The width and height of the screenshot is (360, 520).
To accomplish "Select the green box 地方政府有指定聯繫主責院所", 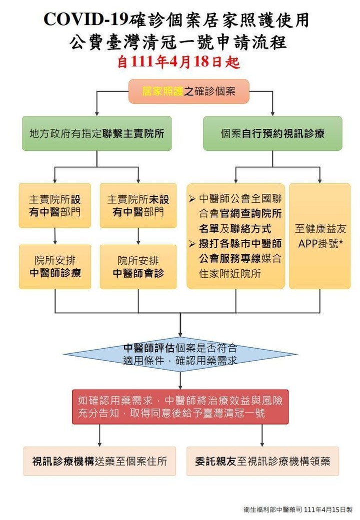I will tap(96, 133).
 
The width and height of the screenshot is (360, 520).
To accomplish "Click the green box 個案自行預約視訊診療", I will tap(272, 133).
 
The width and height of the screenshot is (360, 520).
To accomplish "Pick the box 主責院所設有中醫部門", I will tap(55, 205).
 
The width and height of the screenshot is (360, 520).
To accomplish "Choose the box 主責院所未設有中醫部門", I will tap(138, 205).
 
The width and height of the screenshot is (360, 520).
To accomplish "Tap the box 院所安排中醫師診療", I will tap(55, 267).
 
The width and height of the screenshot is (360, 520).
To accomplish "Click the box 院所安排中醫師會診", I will tap(138, 267).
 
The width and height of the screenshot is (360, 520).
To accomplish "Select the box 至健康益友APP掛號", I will tap(320, 236).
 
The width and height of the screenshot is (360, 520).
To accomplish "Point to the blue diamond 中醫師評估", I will tap(180, 354).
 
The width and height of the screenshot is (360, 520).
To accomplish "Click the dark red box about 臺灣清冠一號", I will tap(180, 407).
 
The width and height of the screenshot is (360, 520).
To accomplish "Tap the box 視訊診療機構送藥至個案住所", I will tap(99, 461).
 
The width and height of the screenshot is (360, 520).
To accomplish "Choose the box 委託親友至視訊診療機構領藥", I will tap(262, 461).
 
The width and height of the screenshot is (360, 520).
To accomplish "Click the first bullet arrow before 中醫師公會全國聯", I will tap(192, 199).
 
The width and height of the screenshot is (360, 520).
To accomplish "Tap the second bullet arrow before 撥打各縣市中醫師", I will tap(192, 244).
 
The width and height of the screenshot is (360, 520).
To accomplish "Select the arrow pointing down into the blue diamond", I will tap(180, 330).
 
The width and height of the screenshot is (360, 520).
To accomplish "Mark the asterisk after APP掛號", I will tap(340, 243).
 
